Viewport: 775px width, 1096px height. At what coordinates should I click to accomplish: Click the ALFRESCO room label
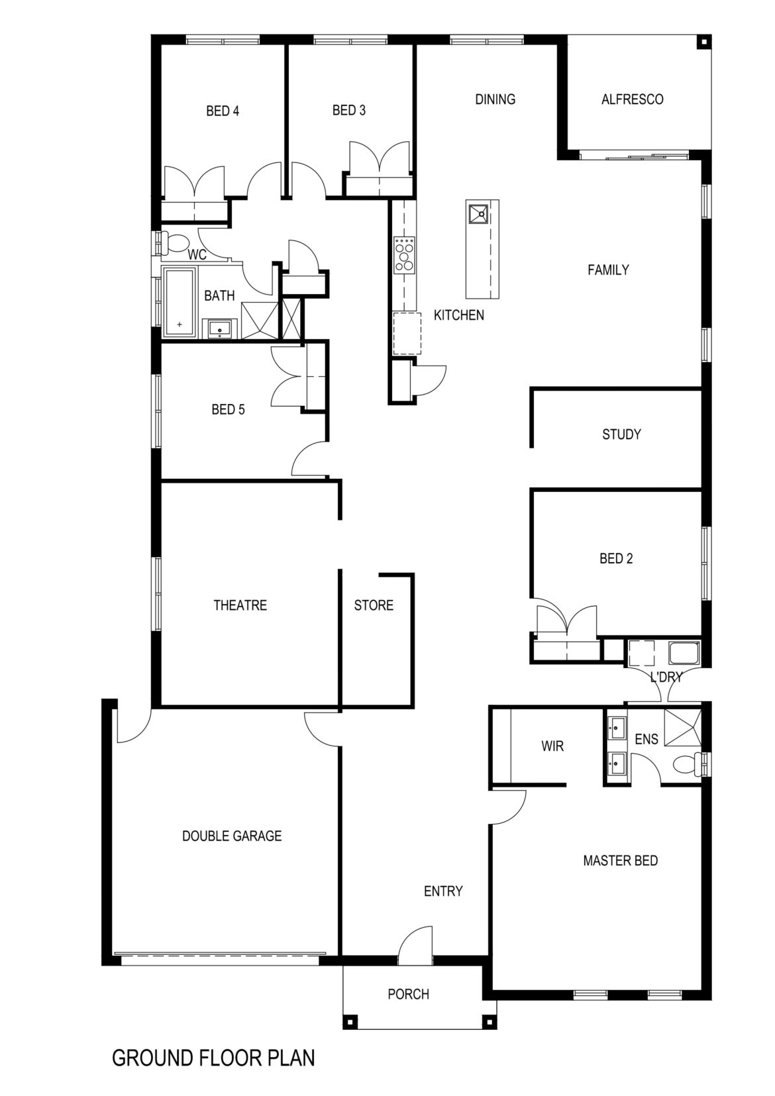pos(632,99)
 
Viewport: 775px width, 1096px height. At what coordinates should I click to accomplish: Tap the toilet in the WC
pos(177,243)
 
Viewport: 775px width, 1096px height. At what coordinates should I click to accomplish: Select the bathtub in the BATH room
pos(180,303)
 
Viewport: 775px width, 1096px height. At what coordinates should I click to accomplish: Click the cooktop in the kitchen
pos(405,254)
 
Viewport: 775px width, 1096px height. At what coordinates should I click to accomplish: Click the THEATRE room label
pos(240,605)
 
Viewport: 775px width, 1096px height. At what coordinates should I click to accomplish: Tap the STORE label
pos(374,605)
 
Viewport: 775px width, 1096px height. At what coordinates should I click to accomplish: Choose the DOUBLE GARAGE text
pos(232,836)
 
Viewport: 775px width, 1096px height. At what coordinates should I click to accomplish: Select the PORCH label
pos(409,994)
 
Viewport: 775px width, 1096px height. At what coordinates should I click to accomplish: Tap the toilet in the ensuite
pos(688,764)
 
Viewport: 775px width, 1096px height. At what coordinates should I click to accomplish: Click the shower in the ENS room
pos(682,727)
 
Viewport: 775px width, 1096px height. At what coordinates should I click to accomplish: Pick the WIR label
pos(552,746)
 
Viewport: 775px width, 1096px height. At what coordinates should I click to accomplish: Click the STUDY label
pos(621,434)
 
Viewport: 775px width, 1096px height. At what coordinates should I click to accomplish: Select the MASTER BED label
pos(621,861)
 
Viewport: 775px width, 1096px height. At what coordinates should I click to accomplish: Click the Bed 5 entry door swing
pos(309,460)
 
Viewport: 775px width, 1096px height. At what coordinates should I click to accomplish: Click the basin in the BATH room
pos(220,328)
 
